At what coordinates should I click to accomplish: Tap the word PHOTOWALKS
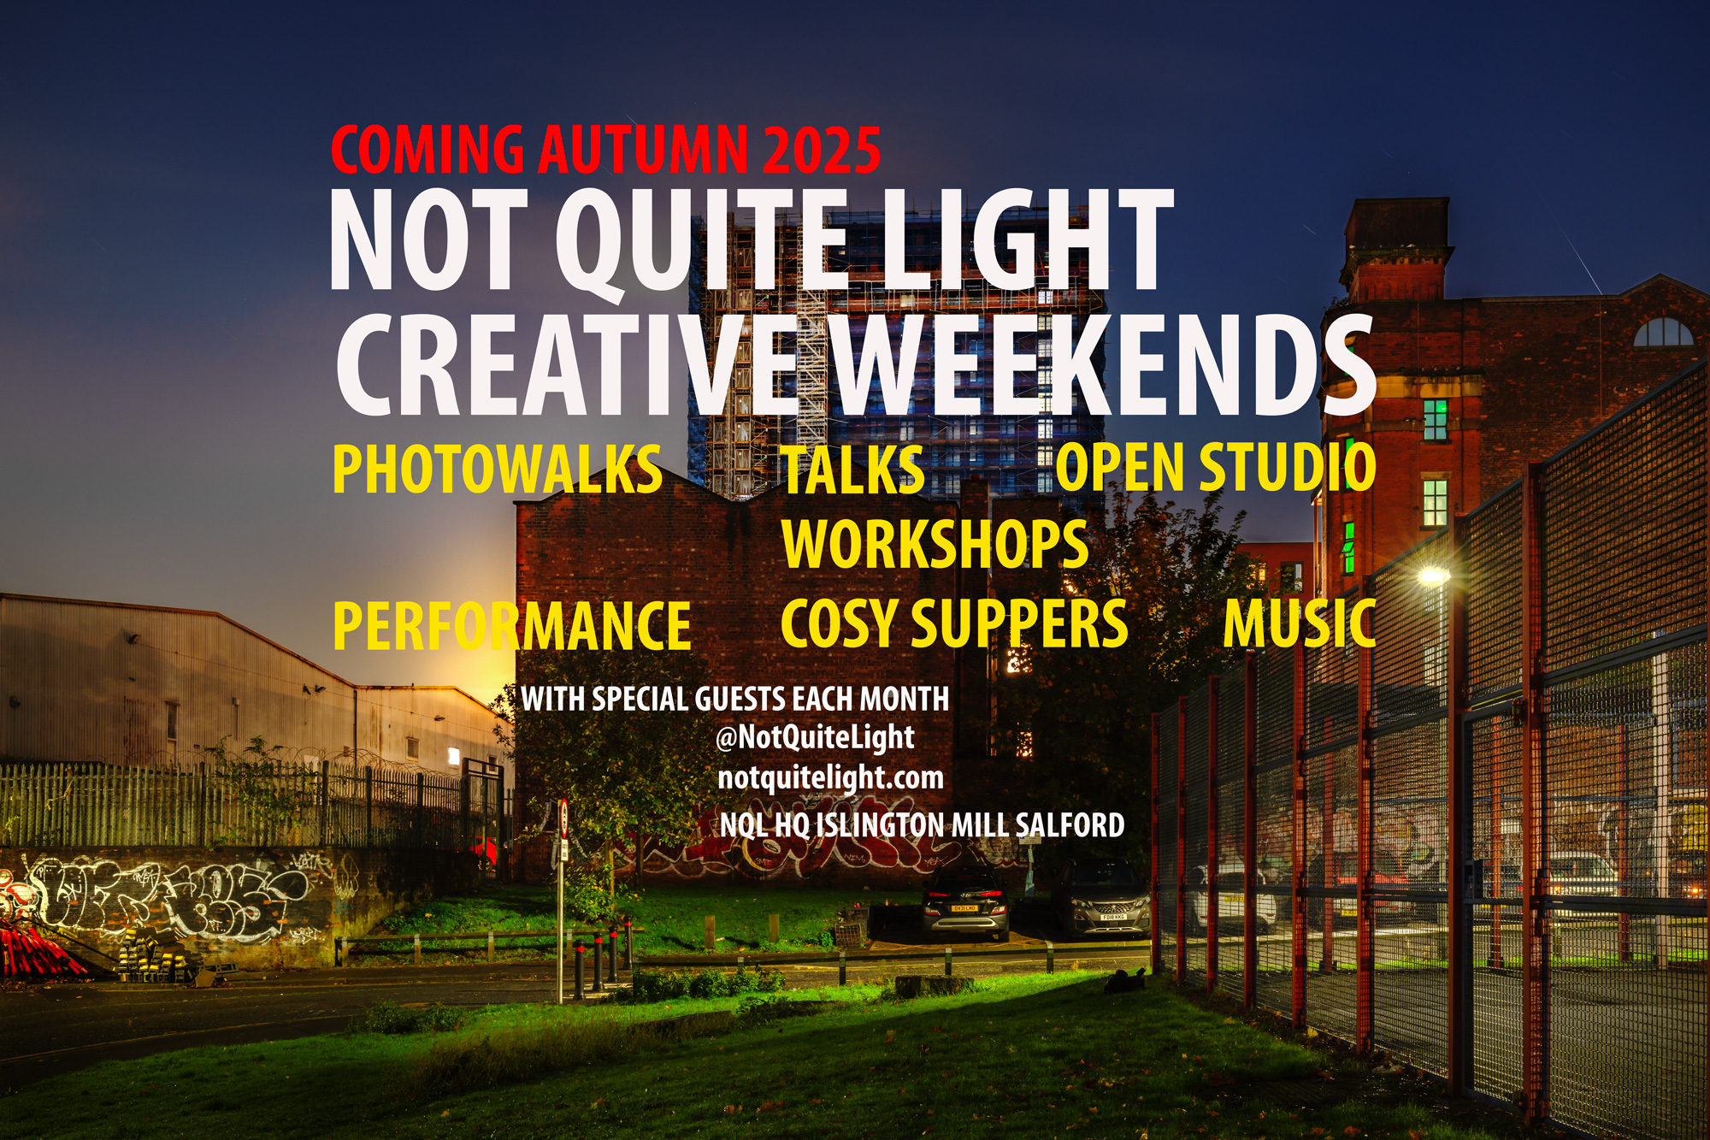(498, 470)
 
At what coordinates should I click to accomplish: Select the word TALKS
(853, 470)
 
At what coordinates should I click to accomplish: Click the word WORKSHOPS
(935, 544)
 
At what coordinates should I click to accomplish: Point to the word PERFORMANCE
(511, 625)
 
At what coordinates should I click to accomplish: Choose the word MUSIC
(1300, 623)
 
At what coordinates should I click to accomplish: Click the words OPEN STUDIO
(1216, 467)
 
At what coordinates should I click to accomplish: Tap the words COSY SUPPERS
(954, 623)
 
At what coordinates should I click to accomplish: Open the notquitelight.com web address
(830, 778)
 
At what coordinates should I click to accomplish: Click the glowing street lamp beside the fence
(1433, 576)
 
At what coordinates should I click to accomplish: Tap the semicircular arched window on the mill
(1663, 333)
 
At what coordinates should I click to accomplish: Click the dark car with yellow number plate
(965, 904)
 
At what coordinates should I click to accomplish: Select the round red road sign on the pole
(563, 818)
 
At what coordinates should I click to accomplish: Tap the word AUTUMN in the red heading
(643, 151)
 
